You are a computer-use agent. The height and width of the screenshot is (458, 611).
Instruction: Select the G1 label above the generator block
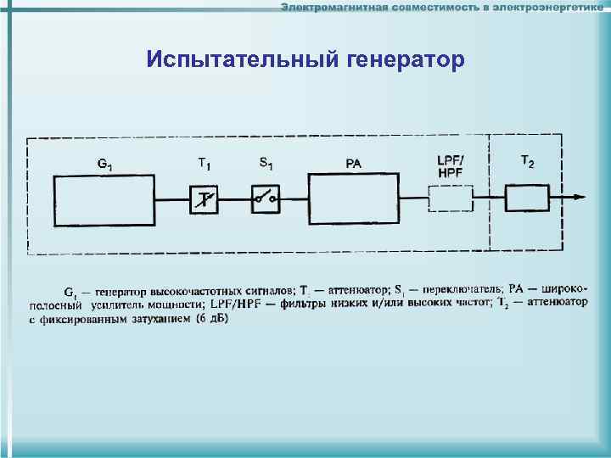104,163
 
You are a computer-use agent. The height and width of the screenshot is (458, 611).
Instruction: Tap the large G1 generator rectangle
104,199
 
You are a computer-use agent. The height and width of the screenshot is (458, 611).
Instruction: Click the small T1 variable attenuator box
204,200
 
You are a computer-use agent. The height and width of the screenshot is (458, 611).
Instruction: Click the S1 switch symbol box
266,200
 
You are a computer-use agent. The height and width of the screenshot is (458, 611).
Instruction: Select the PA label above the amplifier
354,164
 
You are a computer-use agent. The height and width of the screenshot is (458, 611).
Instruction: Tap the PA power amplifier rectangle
354,199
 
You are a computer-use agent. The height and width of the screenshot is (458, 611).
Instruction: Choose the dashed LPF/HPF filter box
450,199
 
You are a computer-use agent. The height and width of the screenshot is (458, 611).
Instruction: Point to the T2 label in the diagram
527,162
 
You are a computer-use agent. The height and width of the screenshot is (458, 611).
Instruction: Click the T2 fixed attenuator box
528,199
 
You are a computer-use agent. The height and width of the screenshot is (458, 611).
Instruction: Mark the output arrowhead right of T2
580,198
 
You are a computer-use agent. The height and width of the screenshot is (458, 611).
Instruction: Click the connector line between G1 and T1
172,200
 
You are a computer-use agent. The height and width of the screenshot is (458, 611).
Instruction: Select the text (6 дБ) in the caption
212,320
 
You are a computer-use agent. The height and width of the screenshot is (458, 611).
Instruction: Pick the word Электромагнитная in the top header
334,8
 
